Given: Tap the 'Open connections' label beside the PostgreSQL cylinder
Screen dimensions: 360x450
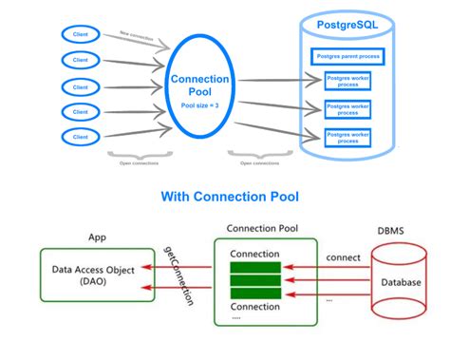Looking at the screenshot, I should point(259,162).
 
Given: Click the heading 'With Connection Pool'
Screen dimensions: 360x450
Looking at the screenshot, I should point(225,197).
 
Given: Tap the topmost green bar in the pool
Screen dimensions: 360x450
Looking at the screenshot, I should point(253,268).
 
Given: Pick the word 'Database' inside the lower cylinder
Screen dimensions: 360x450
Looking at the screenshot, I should point(399,283).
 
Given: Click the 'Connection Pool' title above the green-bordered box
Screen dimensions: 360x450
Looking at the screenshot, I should point(257,229).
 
